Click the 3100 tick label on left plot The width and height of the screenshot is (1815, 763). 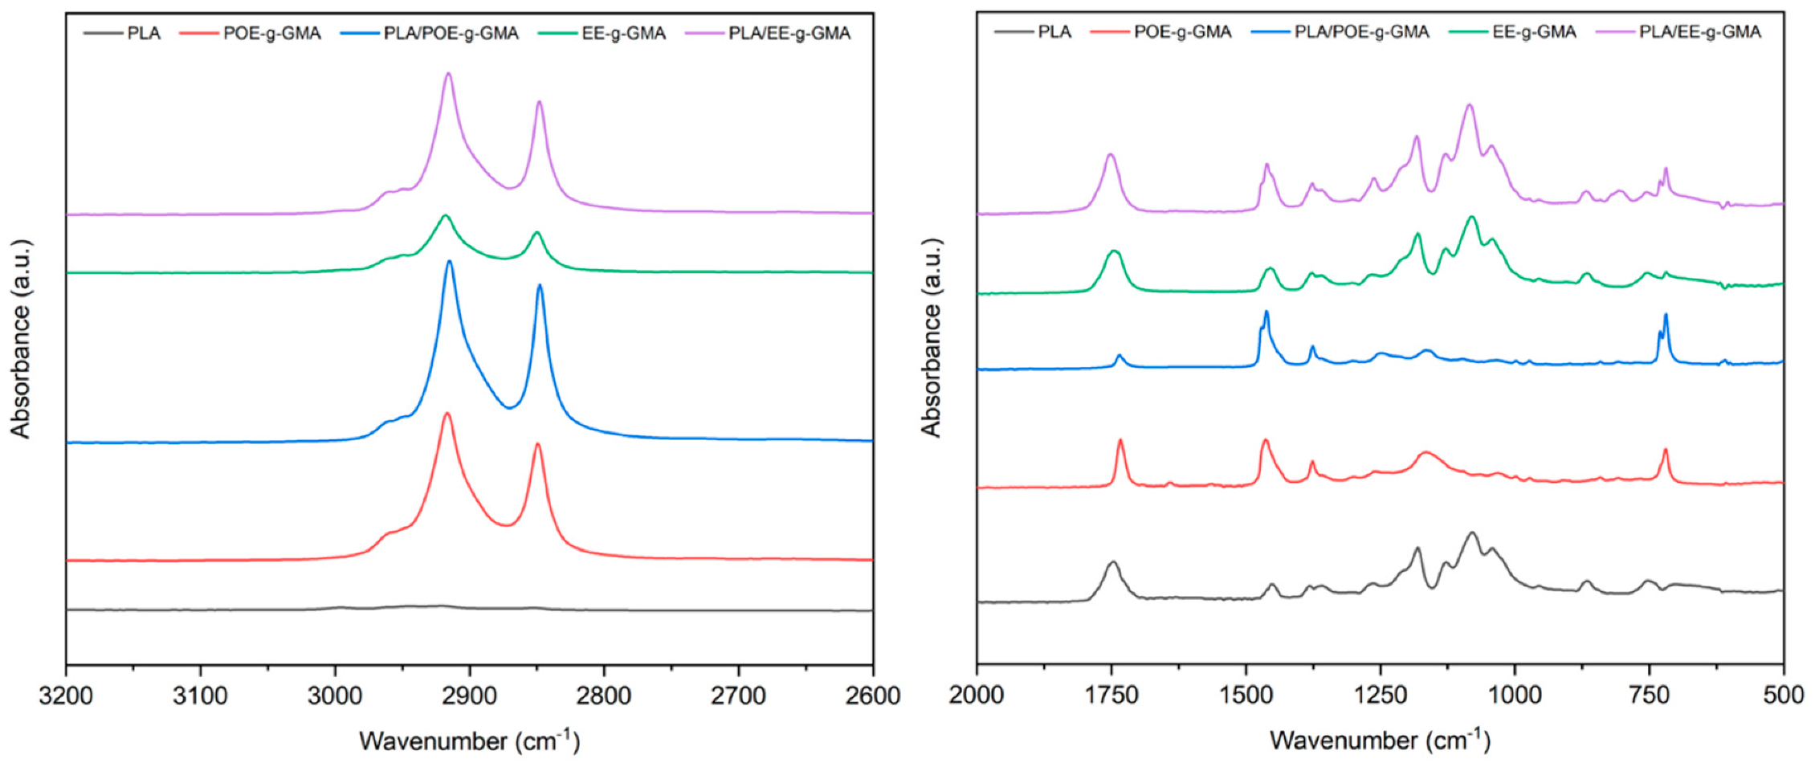tap(200, 695)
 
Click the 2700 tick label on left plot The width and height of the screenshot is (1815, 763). tap(738, 695)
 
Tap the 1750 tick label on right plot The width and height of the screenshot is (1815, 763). tap(1111, 695)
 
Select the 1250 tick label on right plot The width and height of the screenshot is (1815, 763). tap(1381, 695)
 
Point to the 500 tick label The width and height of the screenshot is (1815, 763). tap(1783, 695)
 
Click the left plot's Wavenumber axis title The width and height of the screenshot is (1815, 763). tap(469, 740)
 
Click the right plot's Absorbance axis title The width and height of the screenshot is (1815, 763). tap(931, 337)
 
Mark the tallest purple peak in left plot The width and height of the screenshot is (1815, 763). tap(448, 74)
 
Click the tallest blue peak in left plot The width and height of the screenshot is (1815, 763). tap(449, 261)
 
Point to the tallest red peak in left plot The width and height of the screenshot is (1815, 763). tap(447, 414)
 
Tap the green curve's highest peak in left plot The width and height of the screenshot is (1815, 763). tap(446, 215)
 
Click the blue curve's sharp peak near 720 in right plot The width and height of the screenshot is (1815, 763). tap(1666, 315)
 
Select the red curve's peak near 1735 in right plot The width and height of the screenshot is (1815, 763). tap(1120, 440)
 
